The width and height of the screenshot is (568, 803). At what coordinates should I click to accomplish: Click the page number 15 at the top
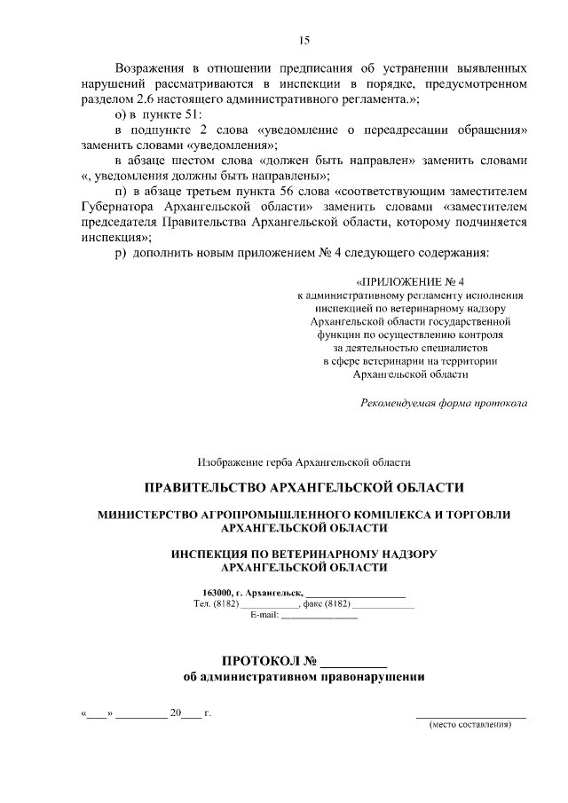pos(303,40)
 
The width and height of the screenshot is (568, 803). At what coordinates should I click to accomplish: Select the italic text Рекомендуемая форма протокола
pos(444,403)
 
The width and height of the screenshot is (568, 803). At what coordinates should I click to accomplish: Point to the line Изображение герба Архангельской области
pos(304,461)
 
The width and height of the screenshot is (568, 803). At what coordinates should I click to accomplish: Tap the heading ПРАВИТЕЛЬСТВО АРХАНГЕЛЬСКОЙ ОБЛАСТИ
pos(304,487)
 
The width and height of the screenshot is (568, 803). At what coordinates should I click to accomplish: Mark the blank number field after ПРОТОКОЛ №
pos(353,662)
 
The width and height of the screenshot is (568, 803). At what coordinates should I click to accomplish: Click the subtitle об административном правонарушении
pos(304,677)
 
